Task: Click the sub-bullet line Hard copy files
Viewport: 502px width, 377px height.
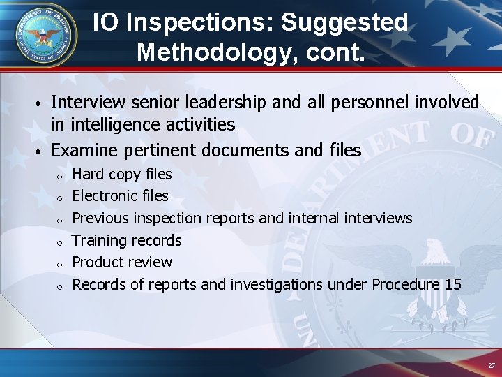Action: click(x=122, y=174)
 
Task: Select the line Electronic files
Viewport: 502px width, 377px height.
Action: click(x=121, y=196)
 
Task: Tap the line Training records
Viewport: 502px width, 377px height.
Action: click(x=127, y=241)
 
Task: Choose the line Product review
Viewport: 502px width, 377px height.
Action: click(x=122, y=263)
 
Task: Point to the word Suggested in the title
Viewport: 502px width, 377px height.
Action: click(x=344, y=22)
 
